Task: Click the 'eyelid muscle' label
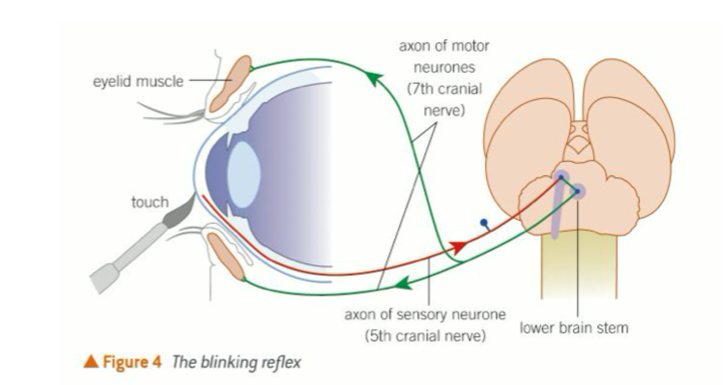tap(138, 82)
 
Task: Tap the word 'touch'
tap(149, 202)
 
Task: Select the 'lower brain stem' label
tap(574, 328)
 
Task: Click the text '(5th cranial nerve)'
tap(425, 335)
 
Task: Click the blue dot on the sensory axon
tap(484, 223)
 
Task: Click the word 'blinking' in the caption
tap(225, 362)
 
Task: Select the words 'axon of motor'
tap(444, 46)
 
